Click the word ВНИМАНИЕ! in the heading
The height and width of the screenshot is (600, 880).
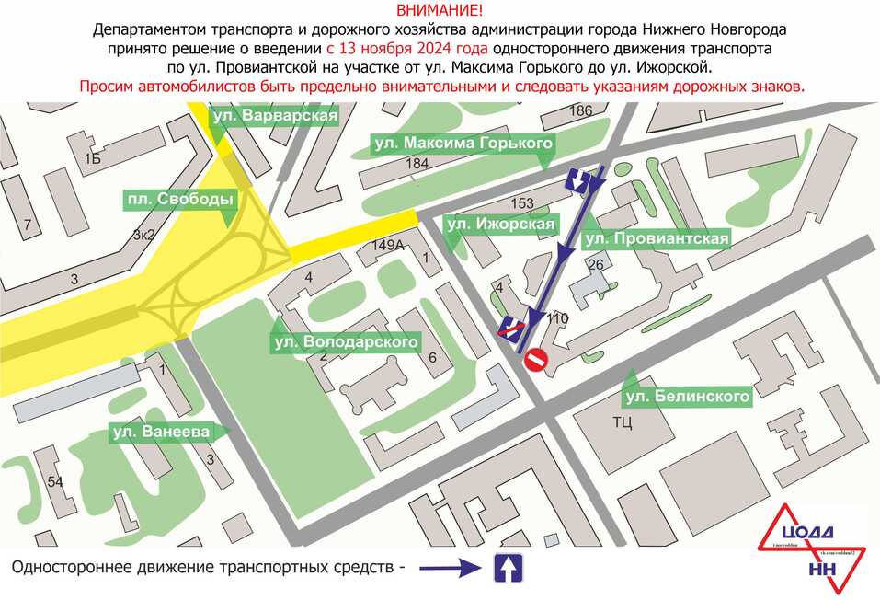[439, 11]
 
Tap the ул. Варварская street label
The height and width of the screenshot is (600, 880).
[275, 116]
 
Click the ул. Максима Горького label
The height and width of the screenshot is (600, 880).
[463, 144]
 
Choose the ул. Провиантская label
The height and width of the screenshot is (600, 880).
[657, 239]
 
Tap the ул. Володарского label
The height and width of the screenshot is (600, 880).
[346, 343]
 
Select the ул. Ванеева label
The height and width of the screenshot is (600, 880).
[161, 432]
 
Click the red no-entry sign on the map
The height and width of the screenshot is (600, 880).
[536, 360]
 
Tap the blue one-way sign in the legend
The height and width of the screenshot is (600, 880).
[508, 568]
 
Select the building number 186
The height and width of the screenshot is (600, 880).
[580, 111]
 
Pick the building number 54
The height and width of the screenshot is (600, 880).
[55, 482]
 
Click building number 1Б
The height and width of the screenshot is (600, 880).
[91, 159]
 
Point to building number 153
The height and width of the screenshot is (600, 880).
[521, 203]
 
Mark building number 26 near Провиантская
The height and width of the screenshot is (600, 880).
[594, 265]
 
